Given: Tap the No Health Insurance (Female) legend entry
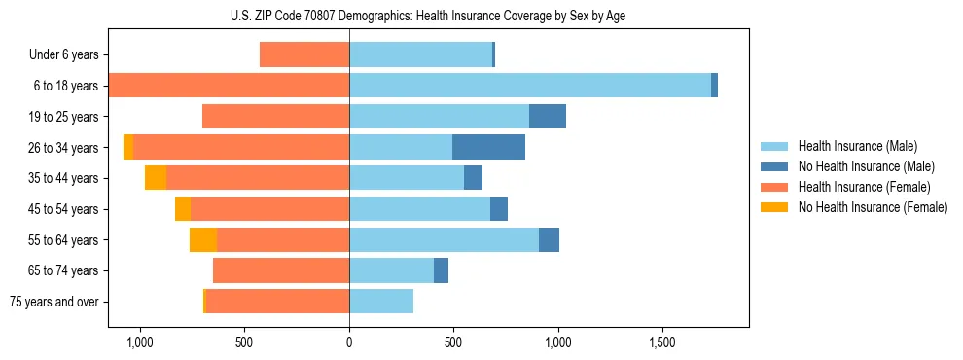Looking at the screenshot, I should tap(872, 207).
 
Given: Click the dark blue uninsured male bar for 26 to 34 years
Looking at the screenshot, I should tap(488, 147).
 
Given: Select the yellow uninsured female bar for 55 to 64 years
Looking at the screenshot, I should tap(202, 239).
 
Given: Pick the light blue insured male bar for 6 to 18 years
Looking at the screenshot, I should tap(530, 86).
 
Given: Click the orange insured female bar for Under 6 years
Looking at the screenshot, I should tap(304, 54).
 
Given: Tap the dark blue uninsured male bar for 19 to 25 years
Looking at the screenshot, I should tap(548, 117).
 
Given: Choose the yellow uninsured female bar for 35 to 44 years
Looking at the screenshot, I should tap(156, 178).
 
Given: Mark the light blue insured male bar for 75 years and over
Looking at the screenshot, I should tap(381, 302).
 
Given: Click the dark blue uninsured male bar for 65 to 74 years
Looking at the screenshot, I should tap(441, 270).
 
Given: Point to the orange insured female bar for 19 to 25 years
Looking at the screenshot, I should tap(275, 117).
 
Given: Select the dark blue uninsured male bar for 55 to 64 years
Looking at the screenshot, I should tap(549, 239).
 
